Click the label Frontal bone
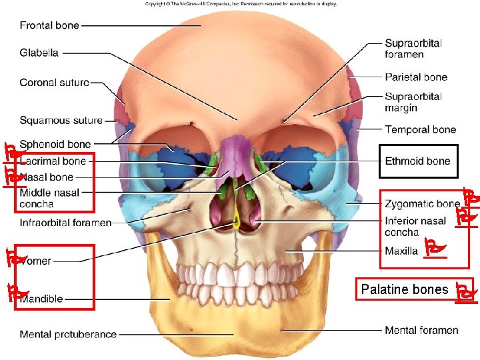point(49,25)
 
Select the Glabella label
point(39,53)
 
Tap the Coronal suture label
point(54,83)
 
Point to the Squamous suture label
point(61,121)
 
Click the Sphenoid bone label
point(55,144)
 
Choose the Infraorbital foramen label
point(65,223)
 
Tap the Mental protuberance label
point(68,334)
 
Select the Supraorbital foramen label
point(413,49)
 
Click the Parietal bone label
point(416,77)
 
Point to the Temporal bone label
point(420,129)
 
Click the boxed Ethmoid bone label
point(417,161)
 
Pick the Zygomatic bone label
point(422,203)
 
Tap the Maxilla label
point(401,251)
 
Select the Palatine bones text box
point(405,289)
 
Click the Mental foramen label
point(421,330)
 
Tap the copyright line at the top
point(241,3)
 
